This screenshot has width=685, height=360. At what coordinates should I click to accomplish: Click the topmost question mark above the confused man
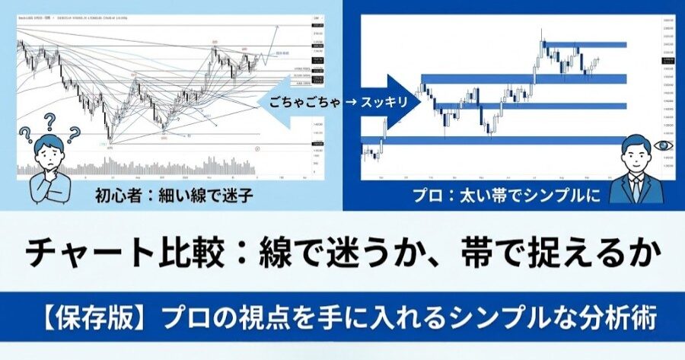pyautogui.click(x=50, y=120)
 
